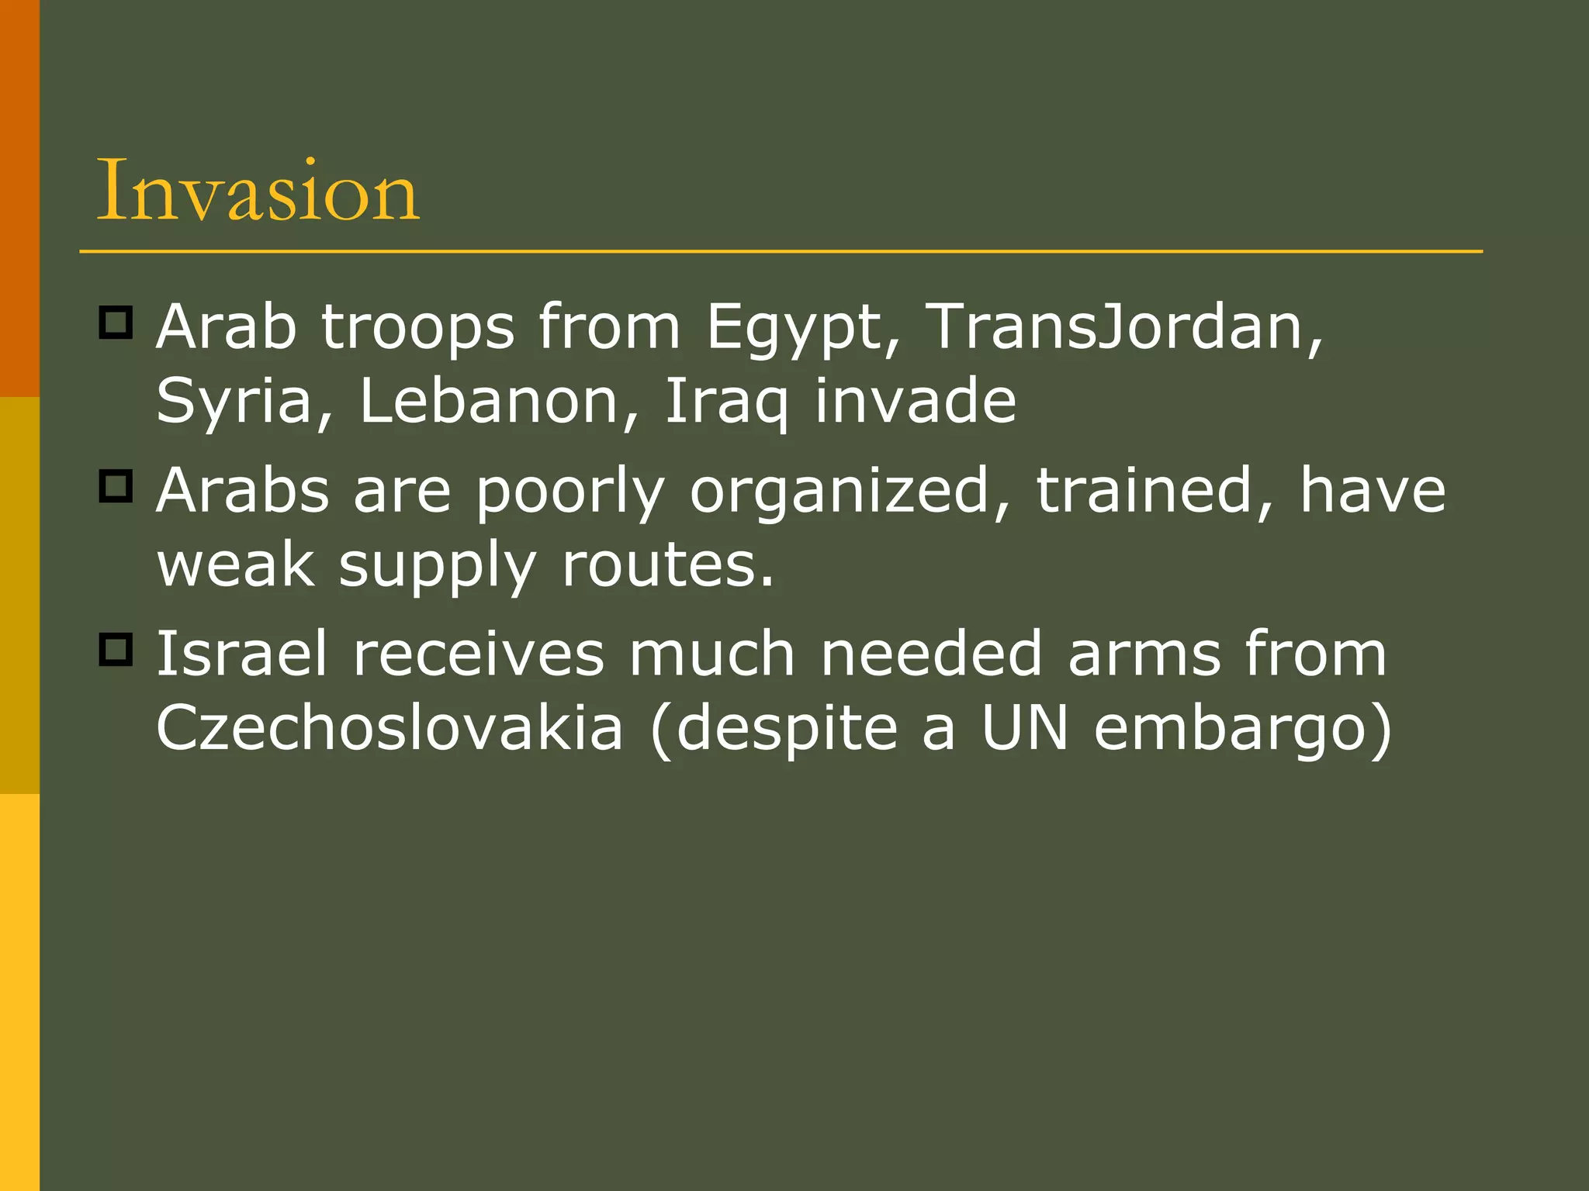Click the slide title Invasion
pos(258,191)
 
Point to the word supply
pos(437,566)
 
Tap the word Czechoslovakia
pos(389,728)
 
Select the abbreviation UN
pos(1025,728)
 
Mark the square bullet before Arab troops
pos(116,322)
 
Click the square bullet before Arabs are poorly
pos(116,486)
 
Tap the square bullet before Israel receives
pos(116,649)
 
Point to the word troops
pos(417,329)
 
